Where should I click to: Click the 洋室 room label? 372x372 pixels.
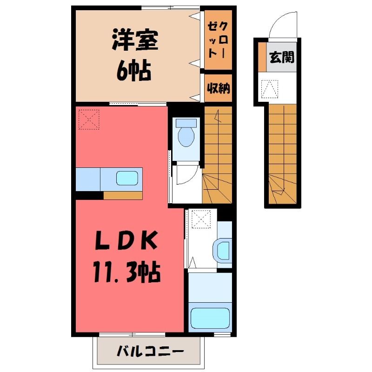[135, 40]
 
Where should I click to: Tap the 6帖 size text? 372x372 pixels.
[134, 70]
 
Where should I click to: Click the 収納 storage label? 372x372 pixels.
[218, 88]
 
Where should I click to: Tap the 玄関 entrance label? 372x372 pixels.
[282, 57]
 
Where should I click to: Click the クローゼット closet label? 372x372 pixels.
[218, 40]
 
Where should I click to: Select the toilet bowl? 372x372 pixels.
[186, 137]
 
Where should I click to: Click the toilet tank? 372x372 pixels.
[186, 123]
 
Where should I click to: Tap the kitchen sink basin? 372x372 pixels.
[127, 178]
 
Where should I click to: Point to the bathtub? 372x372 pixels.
[210, 318]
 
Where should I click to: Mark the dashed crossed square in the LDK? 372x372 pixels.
[89, 120]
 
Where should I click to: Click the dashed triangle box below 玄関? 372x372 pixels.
[270, 89]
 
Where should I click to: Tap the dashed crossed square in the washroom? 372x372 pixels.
[201, 219]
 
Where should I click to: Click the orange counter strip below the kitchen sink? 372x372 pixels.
[123, 195]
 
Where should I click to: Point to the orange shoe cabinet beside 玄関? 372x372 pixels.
[262, 57]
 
